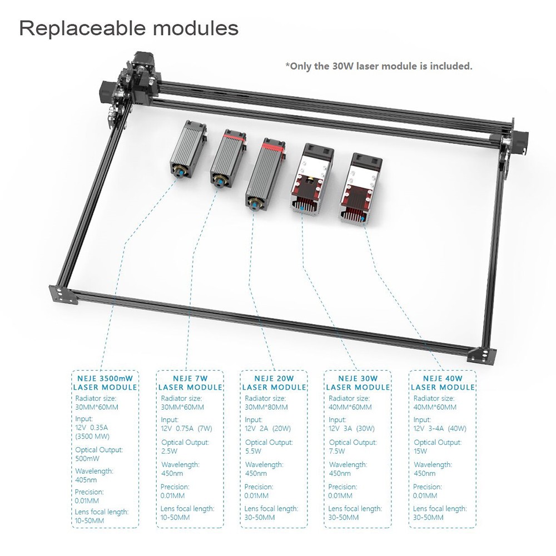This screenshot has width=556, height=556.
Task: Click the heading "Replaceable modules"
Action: [x=129, y=28]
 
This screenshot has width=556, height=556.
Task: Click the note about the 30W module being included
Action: [x=379, y=66]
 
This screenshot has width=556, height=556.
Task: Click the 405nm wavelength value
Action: [x=86, y=480]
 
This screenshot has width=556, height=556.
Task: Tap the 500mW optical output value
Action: [x=87, y=459]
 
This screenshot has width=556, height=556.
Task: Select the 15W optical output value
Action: [x=420, y=451]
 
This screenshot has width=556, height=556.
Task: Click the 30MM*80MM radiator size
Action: [x=266, y=407]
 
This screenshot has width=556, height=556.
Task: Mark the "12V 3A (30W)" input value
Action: [x=351, y=428]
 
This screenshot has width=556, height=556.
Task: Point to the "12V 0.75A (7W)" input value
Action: [x=186, y=428]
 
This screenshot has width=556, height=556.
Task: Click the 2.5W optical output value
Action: [x=169, y=451]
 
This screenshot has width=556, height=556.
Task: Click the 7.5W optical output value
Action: [x=336, y=451]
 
